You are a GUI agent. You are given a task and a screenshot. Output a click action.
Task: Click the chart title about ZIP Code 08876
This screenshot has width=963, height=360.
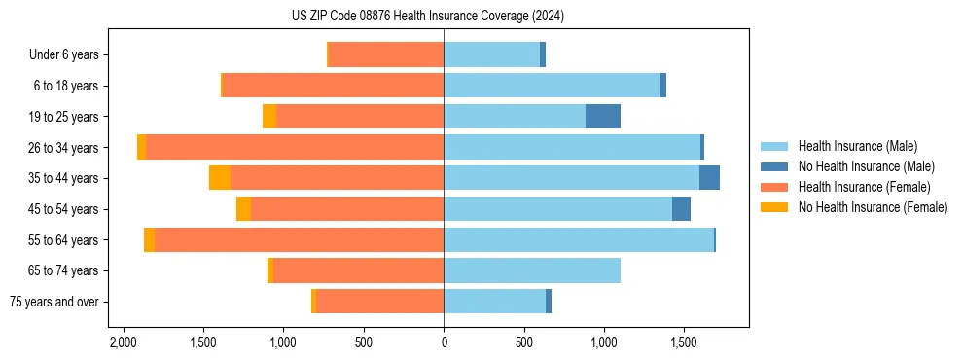428,16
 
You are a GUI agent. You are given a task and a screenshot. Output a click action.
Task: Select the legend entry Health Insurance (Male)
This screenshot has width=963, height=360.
857,146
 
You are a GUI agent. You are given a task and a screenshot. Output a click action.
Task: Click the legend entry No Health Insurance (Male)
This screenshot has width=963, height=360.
866,166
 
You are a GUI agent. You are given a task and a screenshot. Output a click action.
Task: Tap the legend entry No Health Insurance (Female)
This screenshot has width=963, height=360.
873,207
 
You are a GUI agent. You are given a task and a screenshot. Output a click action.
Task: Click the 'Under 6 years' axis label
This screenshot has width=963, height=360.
63,54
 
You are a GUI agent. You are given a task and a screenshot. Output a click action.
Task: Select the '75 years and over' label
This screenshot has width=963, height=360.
54,302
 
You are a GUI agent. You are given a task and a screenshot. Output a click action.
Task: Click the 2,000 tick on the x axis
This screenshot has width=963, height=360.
123,342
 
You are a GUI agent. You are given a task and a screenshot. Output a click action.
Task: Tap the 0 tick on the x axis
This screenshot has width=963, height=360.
444,342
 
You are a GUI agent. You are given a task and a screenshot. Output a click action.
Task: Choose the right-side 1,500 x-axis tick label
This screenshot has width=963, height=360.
684,342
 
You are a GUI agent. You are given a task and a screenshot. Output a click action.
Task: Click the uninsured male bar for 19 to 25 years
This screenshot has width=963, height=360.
603,117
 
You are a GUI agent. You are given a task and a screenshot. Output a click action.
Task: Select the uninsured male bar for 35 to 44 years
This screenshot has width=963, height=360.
709,178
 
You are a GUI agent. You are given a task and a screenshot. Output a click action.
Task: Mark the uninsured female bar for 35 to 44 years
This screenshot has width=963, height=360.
220,178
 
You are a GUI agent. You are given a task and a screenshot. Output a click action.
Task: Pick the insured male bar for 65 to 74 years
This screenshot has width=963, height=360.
532,270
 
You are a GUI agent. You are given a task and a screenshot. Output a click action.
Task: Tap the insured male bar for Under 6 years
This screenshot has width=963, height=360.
491,54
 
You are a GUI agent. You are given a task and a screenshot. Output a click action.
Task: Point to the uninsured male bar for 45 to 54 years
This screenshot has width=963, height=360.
681,209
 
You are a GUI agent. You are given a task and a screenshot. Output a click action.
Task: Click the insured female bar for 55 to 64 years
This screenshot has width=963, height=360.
299,239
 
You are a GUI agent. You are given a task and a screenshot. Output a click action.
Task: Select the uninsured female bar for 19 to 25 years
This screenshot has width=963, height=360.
269,117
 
